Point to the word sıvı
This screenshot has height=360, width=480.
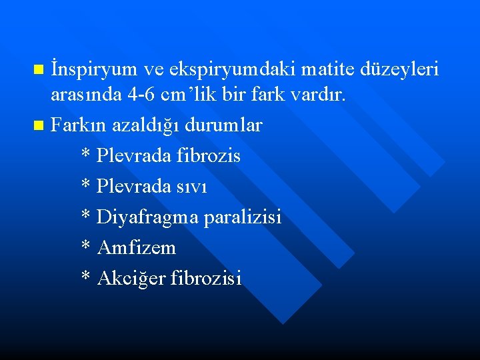[192, 186]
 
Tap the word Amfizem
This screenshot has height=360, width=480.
[137, 247]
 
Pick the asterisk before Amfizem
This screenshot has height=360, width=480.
[85, 246]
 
